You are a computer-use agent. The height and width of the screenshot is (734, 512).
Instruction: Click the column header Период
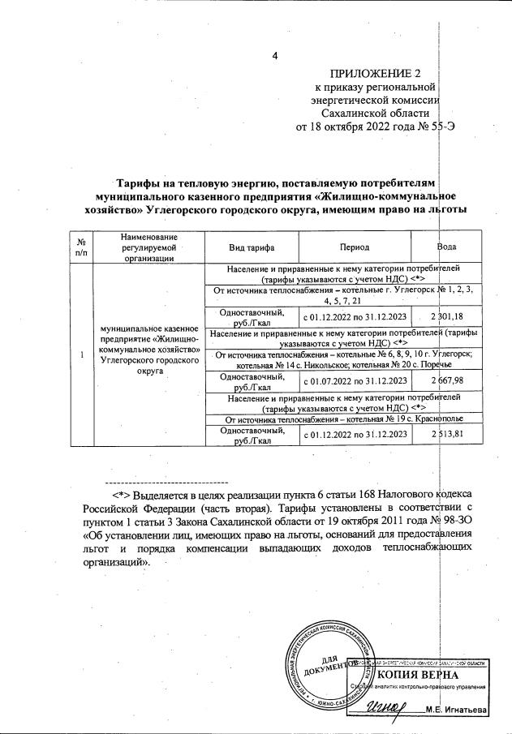click(355, 247)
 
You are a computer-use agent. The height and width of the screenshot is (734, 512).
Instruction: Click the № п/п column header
click(81, 247)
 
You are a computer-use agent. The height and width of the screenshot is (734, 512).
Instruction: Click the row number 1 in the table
click(81, 353)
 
